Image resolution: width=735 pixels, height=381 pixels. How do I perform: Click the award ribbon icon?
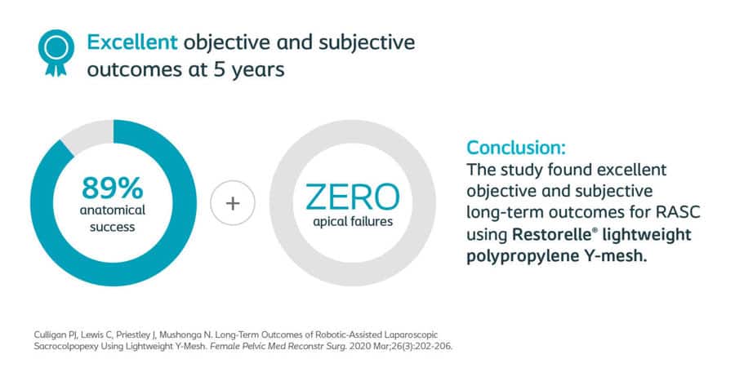pyautogui.click(x=56, y=52)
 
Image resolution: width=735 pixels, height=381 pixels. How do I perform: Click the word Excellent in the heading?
pyautogui.click(x=132, y=42)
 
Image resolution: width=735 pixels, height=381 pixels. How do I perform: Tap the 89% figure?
pyautogui.click(x=113, y=188)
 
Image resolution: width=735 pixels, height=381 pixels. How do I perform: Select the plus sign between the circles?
pyautogui.click(x=233, y=203)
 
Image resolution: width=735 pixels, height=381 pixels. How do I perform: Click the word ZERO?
pyautogui.click(x=353, y=197)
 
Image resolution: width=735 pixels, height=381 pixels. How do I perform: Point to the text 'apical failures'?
pyautogui.click(x=353, y=221)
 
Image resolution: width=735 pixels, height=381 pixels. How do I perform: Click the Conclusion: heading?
pyautogui.click(x=516, y=148)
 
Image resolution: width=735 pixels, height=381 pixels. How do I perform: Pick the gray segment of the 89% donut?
pyautogui.click(x=87, y=135)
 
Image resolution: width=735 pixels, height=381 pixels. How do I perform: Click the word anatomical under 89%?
pyautogui.click(x=113, y=210)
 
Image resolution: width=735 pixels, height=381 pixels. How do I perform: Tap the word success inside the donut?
pyautogui.click(x=113, y=227)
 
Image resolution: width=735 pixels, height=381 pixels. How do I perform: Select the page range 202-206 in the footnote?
pyautogui.click(x=435, y=347)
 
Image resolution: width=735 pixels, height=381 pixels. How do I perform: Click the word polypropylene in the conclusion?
pyautogui.click(x=522, y=257)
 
